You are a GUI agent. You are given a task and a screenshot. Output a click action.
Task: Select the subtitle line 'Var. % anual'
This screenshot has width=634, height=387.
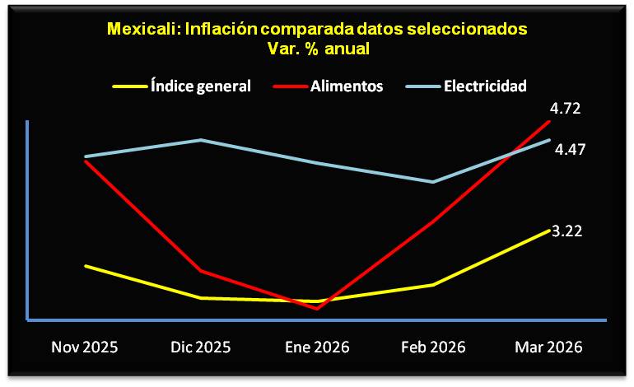pos(316,48)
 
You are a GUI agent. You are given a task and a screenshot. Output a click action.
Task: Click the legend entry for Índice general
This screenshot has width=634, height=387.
pos(200,86)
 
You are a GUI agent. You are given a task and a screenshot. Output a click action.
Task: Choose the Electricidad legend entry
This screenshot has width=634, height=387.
pos(485,86)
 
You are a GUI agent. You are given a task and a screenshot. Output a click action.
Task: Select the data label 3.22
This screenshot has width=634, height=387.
pos(567,231)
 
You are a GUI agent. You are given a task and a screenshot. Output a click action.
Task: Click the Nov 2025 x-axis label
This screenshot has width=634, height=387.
pos(85,347)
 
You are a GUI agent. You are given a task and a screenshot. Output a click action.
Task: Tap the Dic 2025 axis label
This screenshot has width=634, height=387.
pos(201,347)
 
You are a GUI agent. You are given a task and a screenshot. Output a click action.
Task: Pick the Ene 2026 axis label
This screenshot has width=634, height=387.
pos(316,347)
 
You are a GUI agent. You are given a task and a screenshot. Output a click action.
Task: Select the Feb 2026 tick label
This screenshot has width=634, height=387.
pos(433,347)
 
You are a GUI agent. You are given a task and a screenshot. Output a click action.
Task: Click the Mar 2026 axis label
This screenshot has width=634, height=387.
pos(549,347)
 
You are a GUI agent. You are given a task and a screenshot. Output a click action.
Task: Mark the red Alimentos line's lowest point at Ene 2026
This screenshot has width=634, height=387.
pos(316,309)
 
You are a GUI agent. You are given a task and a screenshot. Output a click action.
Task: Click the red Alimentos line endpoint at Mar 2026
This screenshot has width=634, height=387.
pos(549,121)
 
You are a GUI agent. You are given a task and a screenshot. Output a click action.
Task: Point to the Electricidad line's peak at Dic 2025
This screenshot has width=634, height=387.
pos(201,140)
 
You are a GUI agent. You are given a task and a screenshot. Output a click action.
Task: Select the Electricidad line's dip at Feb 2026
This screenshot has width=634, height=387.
pos(433,182)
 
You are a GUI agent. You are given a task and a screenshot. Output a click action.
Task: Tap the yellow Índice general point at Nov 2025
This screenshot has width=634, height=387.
pos(85,266)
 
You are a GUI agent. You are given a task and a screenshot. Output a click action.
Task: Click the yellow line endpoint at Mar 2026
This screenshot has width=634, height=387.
pos(549,230)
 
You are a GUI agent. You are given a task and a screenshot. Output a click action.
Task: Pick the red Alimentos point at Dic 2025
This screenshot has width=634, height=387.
pos(201,271)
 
